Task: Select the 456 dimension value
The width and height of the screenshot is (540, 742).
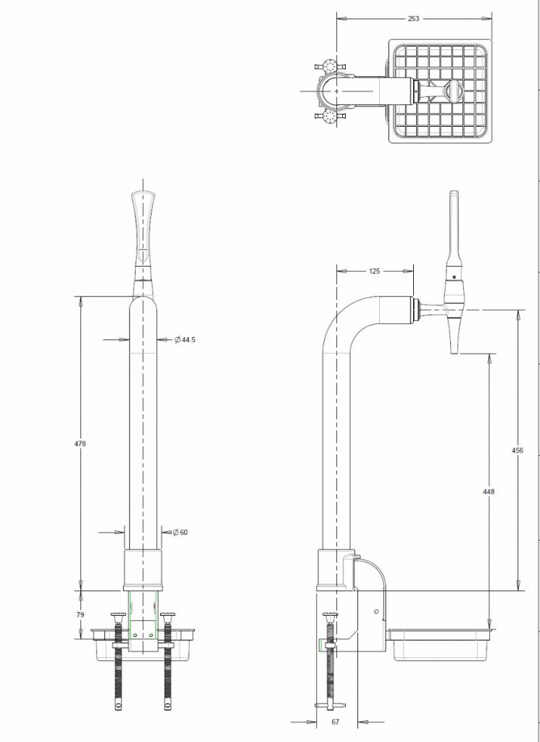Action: [518, 450]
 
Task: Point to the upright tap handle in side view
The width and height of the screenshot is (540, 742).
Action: [454, 232]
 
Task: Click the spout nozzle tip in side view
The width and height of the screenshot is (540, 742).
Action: [454, 341]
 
